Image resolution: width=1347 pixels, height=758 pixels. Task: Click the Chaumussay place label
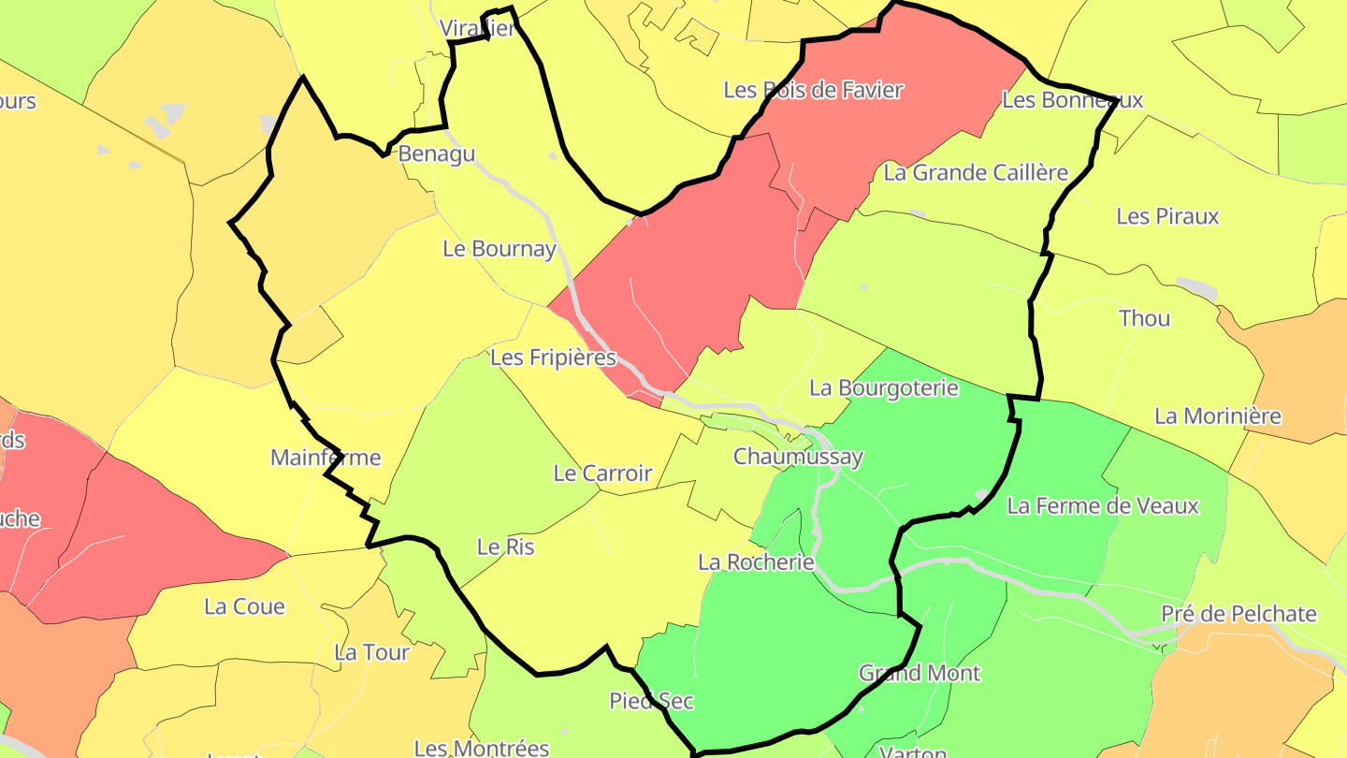coord(798,457)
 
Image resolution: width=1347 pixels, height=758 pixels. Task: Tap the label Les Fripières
coord(553,357)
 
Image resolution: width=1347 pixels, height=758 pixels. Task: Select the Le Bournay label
coord(500,249)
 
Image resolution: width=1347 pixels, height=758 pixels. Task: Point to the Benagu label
coord(437,153)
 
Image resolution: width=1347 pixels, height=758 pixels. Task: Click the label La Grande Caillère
coord(976,172)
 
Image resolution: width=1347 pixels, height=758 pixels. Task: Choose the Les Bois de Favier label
coord(813,90)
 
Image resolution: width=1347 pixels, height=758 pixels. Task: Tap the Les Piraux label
coord(1167,216)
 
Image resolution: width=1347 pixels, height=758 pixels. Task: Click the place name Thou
coord(1144,318)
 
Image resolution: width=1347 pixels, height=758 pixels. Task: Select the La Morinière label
coord(1217,415)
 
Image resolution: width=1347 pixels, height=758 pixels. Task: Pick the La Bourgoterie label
coord(884,387)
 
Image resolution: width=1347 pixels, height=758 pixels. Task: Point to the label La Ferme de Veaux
coord(1102,506)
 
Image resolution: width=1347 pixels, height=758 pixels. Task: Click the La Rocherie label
coord(756,561)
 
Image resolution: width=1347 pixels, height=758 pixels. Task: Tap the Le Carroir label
coord(602,473)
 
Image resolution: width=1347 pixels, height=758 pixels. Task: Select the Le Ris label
coord(505,547)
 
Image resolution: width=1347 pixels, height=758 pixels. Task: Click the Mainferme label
coord(326,458)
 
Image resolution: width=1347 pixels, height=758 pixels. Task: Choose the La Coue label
coord(244,606)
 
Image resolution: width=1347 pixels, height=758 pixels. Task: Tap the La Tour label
coord(371,652)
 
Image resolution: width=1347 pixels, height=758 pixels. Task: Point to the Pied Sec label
coord(651,700)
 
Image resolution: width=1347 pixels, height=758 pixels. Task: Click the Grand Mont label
coord(920,673)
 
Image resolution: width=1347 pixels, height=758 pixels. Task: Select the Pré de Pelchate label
coord(1238,614)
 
